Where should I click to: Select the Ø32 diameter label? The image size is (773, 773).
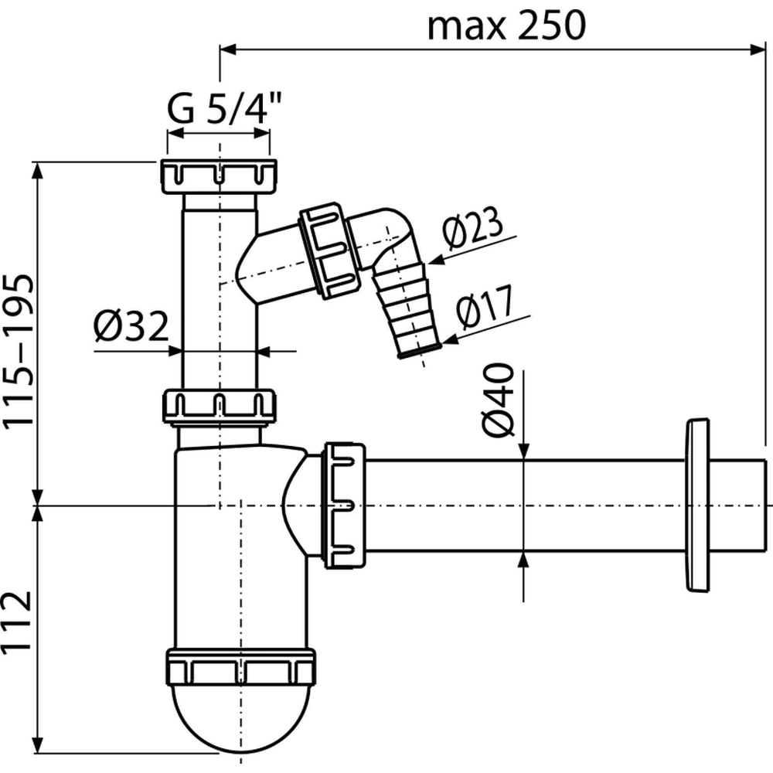point(131,326)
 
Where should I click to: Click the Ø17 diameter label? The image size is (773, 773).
point(485,306)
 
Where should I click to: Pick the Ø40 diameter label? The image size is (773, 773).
point(499,400)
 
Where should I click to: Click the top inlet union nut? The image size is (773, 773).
point(218,177)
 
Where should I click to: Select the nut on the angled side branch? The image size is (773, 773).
point(329,250)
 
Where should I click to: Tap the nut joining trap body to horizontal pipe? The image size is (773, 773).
point(344,506)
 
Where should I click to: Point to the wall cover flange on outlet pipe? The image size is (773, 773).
point(697,506)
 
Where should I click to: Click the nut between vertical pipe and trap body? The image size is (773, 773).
point(219,407)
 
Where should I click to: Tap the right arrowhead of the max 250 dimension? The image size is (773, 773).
point(758,49)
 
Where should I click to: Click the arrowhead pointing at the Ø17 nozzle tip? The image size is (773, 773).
point(451,339)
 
